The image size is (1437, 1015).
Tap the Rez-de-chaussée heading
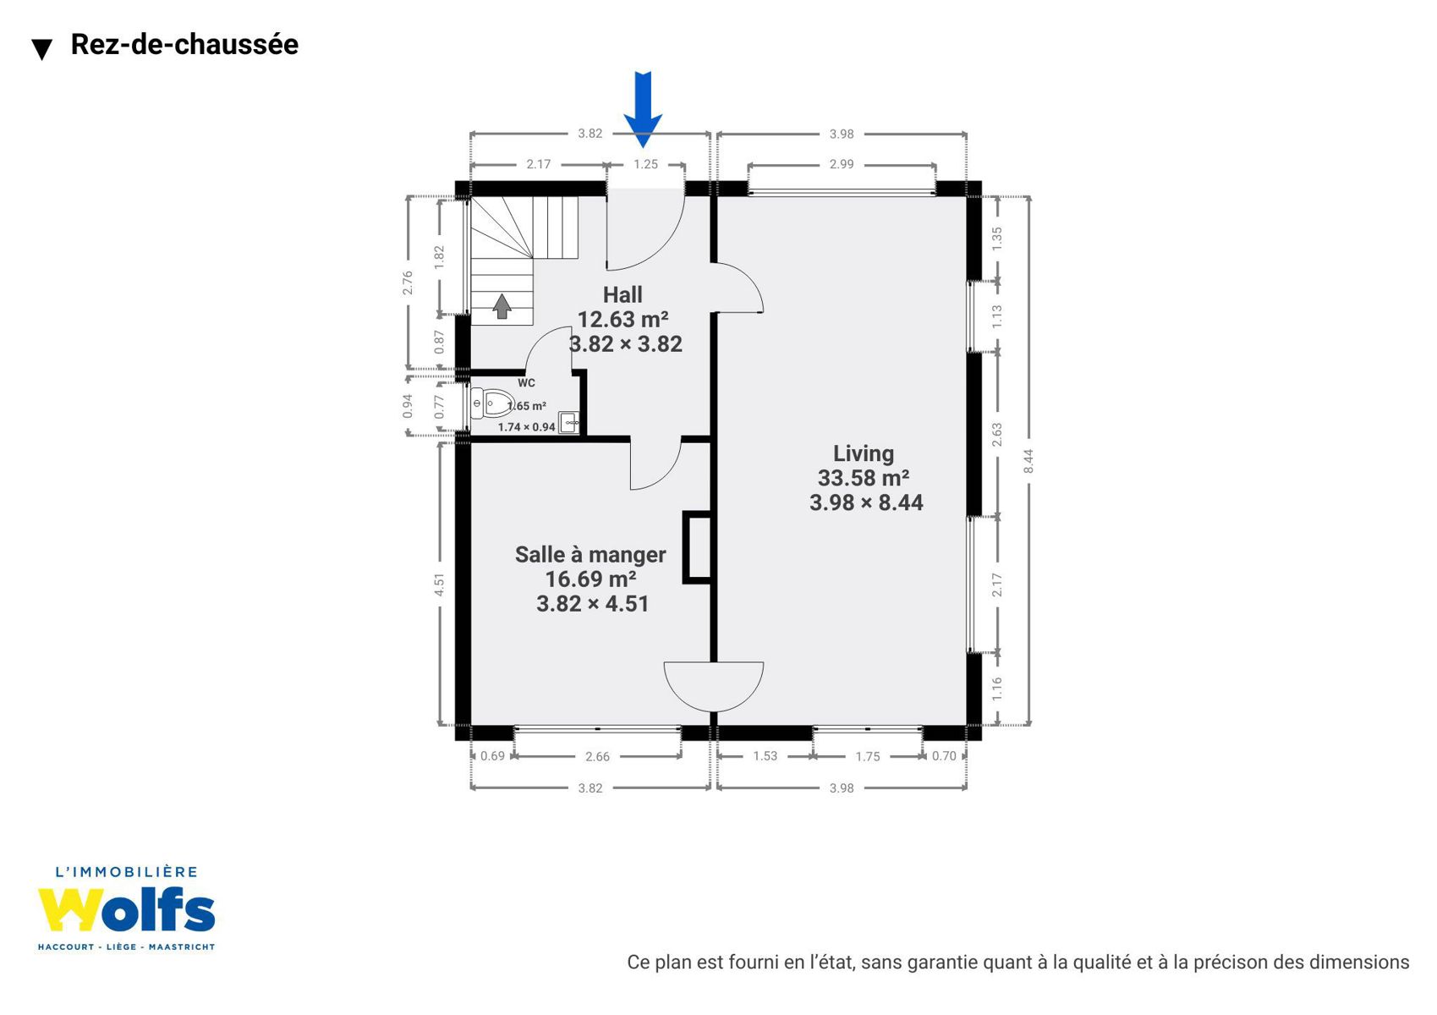click(184, 44)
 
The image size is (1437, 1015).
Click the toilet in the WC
click(491, 404)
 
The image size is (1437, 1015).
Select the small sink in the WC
click(568, 423)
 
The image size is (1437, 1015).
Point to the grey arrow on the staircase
click(502, 306)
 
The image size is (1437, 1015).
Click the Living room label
click(864, 453)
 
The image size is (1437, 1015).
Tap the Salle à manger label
click(590, 554)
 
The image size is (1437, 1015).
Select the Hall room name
click(623, 294)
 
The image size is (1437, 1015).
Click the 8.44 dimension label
click(1028, 461)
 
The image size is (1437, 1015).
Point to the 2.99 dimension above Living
click(842, 164)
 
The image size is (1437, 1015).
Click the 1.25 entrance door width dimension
click(645, 164)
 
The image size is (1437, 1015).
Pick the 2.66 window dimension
click(597, 756)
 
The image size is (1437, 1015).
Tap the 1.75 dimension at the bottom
click(867, 756)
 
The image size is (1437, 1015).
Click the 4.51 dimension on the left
click(439, 584)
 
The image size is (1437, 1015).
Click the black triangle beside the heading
click(42, 49)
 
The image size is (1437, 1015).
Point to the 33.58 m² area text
click(864, 478)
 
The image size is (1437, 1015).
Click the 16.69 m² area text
click(590, 579)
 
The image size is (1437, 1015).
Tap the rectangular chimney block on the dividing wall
click(697, 547)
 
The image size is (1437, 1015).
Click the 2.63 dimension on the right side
click(996, 435)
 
